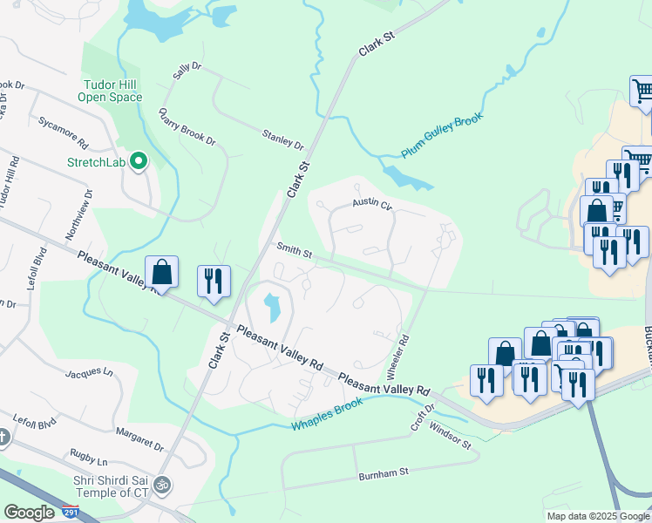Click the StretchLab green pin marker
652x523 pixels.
pos(138,161)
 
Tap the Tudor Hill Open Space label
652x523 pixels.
pos(112,91)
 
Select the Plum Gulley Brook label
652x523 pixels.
pos(442,135)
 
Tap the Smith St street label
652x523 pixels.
pos(295,250)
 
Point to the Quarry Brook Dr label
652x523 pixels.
pos(187,127)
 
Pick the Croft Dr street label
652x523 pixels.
pos(423,418)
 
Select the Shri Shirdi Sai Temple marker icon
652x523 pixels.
pos(162,485)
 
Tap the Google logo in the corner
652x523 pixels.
pos(29,513)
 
